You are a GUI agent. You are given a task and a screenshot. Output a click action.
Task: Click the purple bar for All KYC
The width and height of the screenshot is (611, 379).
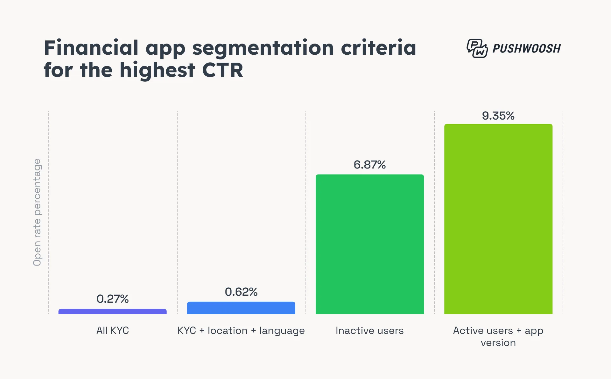(x=112, y=311)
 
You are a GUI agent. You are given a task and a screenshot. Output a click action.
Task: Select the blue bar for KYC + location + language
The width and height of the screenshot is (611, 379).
(x=241, y=308)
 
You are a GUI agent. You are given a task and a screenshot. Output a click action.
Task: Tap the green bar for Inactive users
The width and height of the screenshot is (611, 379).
(x=369, y=244)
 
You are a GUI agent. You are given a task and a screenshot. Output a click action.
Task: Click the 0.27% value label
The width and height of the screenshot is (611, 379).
(x=112, y=299)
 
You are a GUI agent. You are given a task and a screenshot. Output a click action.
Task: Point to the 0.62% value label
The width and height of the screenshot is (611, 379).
(x=241, y=292)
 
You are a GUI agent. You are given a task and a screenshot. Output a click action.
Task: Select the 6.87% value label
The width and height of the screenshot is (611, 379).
(x=369, y=165)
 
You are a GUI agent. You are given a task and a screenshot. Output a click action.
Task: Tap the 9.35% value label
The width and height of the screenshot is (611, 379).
(x=498, y=116)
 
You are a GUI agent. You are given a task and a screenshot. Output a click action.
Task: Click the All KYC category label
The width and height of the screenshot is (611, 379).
(x=112, y=331)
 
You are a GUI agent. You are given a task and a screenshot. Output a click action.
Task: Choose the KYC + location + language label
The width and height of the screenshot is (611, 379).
(x=241, y=331)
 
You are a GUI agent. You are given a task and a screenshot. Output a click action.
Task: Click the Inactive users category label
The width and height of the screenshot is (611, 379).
(x=369, y=331)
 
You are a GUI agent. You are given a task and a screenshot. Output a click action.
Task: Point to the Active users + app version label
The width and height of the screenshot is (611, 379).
(x=498, y=336)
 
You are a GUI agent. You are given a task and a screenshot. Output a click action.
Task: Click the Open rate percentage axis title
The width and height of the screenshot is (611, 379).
(x=37, y=212)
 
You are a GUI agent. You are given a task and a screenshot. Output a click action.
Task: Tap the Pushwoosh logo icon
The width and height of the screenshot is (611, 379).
(x=477, y=48)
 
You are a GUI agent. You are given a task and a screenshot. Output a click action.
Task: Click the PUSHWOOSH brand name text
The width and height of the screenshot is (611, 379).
(x=526, y=49)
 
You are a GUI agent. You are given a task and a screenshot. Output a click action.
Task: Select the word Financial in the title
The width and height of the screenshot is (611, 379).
(x=91, y=48)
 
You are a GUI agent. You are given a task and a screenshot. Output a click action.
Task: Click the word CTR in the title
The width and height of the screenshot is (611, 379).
(x=222, y=70)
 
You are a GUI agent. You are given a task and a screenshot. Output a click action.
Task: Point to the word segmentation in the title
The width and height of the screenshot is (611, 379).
(x=263, y=48)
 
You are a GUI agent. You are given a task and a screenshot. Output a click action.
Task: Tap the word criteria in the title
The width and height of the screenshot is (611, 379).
(x=378, y=48)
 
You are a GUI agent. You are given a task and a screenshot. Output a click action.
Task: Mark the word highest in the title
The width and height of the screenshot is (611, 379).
(x=157, y=70)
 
